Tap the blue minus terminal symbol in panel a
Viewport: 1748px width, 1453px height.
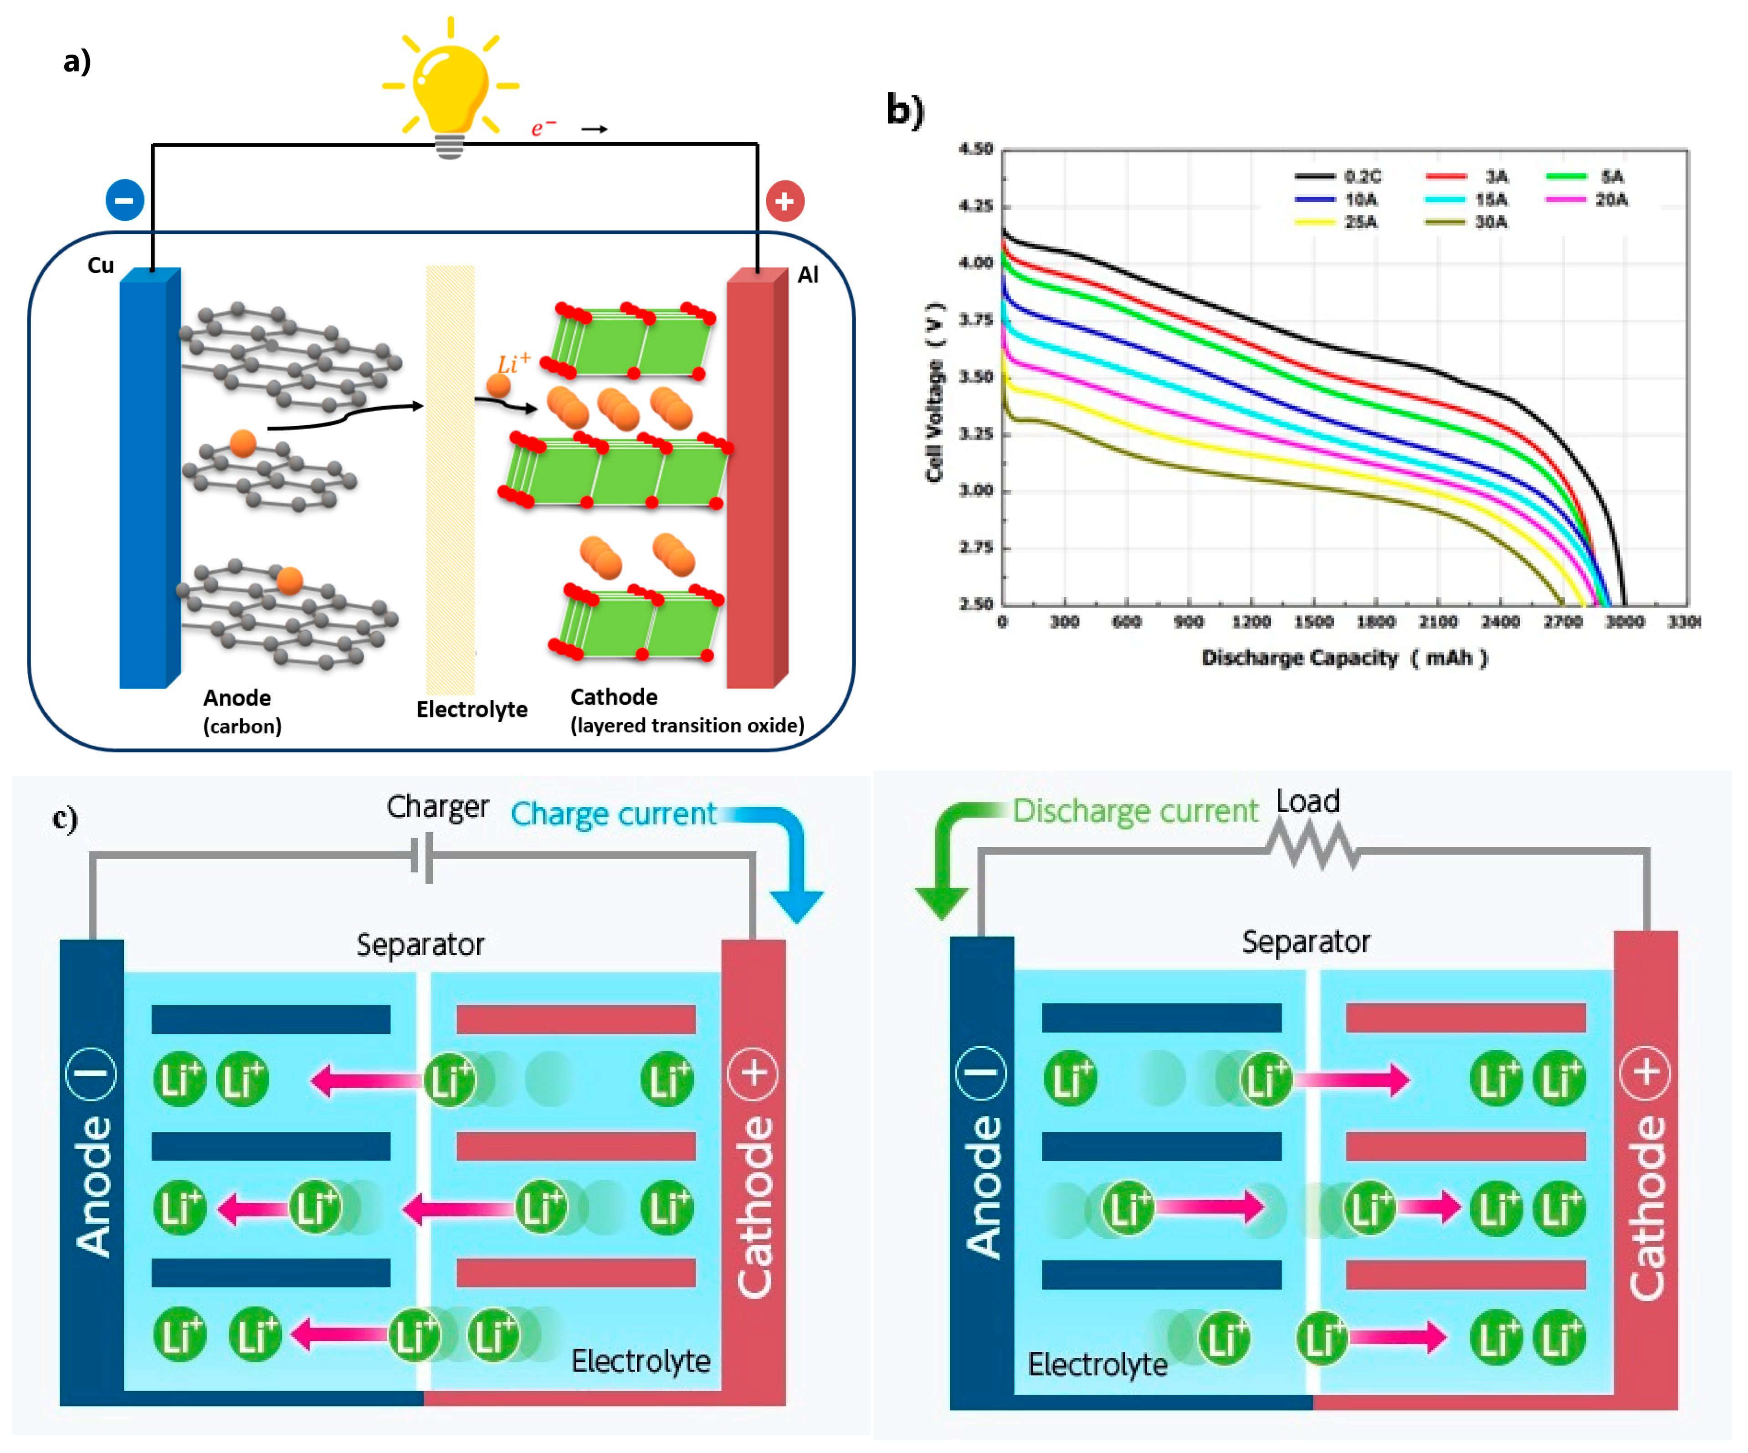click(x=125, y=200)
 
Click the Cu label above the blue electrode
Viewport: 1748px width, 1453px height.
click(x=101, y=266)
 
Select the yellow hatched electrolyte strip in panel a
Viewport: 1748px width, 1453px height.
click(x=450, y=479)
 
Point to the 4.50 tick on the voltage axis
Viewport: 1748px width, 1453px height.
click(x=975, y=149)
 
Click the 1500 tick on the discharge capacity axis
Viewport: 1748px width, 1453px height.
click(x=1313, y=622)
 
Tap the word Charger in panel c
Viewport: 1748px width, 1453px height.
click(x=437, y=806)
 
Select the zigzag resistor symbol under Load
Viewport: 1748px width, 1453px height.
click(x=1312, y=846)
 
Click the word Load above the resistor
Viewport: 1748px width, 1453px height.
click(x=1307, y=801)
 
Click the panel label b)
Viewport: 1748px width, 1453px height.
click(x=905, y=111)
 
